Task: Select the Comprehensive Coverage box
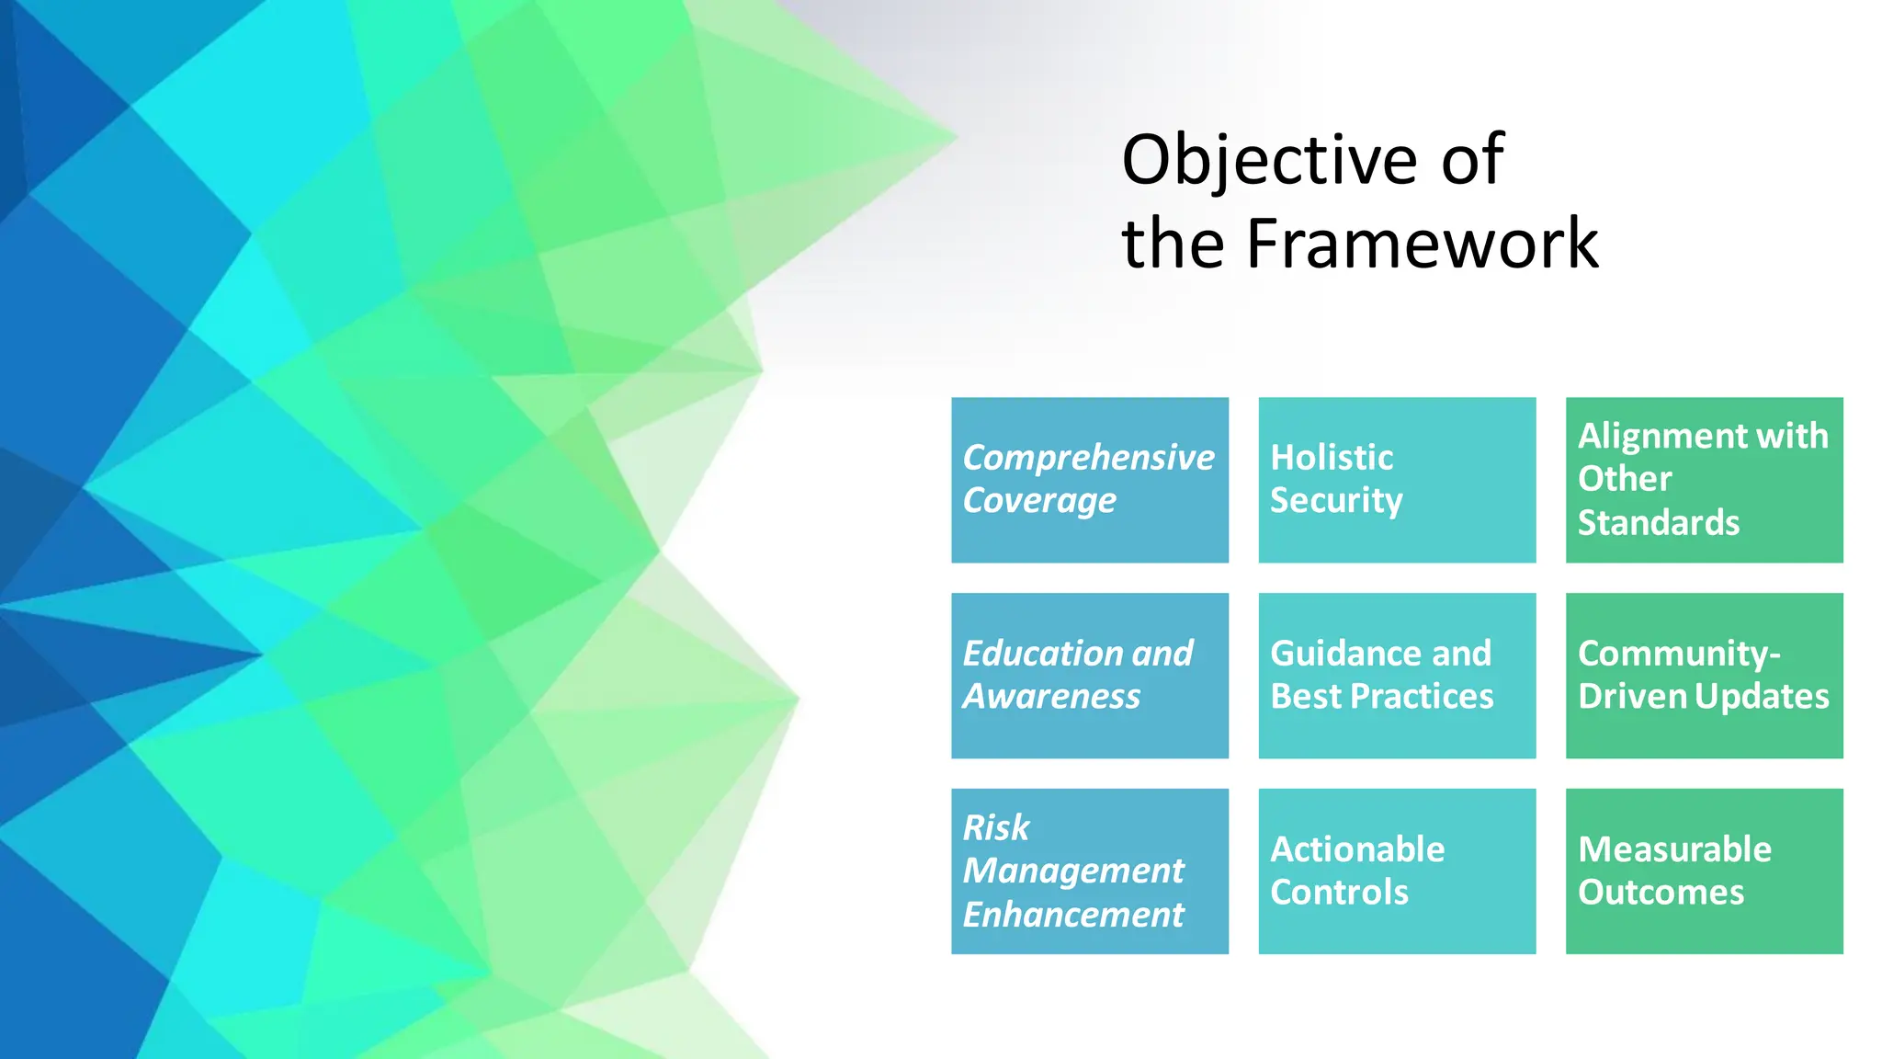tap(1089, 479)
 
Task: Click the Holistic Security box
tap(1396, 479)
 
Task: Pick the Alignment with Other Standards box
tap(1704, 479)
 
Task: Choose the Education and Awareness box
tap(1089, 675)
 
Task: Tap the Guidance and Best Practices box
tap(1396, 675)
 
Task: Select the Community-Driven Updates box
tap(1704, 675)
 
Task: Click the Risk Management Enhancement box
tap(1089, 871)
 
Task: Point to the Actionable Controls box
tap(1396, 871)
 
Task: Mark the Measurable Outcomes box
tap(1704, 871)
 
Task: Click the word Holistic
tap(1332, 458)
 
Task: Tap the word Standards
tap(1658, 523)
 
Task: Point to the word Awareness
tap(1051, 697)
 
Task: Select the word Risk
tap(995, 828)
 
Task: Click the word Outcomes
tap(1661, 893)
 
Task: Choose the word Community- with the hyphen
tap(1679, 654)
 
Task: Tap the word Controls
tap(1339, 893)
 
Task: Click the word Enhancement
tap(1073, 915)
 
